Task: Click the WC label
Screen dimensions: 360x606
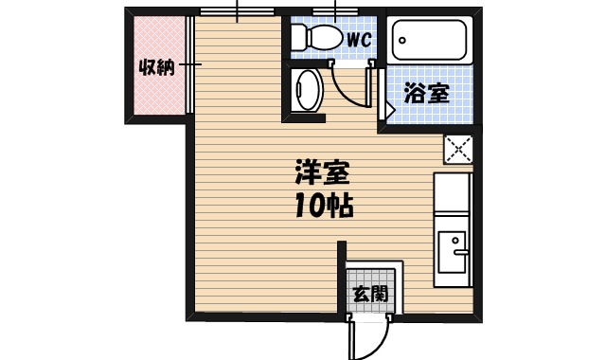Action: pos(358,40)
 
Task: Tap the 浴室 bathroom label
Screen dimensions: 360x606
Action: pos(426,93)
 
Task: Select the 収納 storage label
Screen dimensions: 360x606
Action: pos(155,68)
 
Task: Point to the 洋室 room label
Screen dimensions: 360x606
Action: pos(323,173)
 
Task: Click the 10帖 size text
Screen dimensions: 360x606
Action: pos(323,205)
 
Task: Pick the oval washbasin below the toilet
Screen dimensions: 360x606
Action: pos(309,92)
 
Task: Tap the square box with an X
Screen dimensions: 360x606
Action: pos(458,150)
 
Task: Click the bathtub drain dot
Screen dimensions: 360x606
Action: pos(403,40)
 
